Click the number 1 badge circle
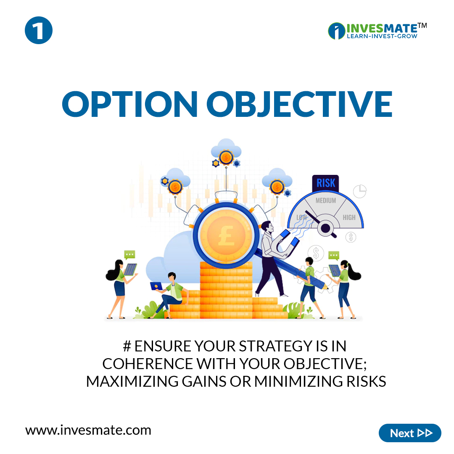(x=39, y=30)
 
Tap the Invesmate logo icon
(x=336, y=30)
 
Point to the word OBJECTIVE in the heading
(x=299, y=104)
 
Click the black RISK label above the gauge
(x=326, y=183)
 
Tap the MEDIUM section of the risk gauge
(x=326, y=201)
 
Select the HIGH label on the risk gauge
(x=348, y=217)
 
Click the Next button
(x=410, y=433)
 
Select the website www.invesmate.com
(x=88, y=430)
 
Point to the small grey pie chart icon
(x=359, y=191)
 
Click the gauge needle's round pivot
(x=325, y=228)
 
